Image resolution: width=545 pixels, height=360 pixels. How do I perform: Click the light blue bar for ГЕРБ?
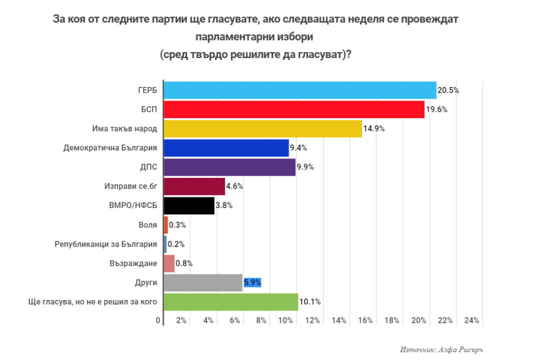[x=300, y=90]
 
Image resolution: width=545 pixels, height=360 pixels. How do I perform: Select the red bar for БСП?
[x=294, y=109]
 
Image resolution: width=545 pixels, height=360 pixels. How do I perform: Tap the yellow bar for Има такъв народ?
[x=262, y=128]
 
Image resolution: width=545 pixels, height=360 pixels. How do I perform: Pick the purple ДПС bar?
[x=229, y=167]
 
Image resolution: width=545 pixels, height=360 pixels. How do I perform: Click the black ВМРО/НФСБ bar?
[x=189, y=205]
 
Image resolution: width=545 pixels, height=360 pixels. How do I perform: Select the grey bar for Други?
[x=203, y=282]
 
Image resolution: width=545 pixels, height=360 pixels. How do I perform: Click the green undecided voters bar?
[x=230, y=302]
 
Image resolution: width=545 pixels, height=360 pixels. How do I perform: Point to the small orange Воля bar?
[x=166, y=225]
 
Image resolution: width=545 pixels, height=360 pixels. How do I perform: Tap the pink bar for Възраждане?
[x=169, y=263]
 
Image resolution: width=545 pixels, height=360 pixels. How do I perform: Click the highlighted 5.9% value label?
[x=252, y=282]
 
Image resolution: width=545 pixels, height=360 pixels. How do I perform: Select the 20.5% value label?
[x=448, y=90]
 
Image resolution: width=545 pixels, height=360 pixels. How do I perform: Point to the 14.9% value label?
[x=373, y=129]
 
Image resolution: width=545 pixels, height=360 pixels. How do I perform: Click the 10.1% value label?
[x=309, y=302]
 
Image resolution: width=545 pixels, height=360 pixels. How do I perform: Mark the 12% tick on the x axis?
[x=312, y=320]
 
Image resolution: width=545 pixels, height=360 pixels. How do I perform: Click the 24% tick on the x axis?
[x=471, y=320]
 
